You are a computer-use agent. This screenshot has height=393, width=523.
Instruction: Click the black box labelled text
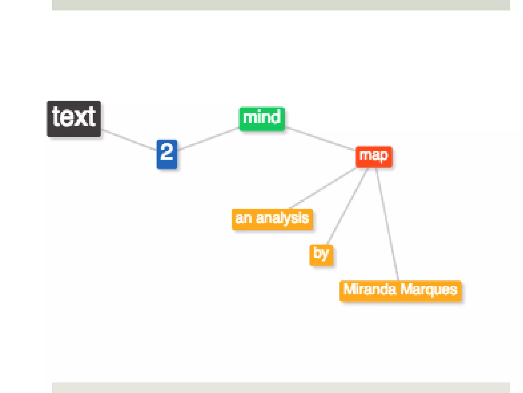[74, 119]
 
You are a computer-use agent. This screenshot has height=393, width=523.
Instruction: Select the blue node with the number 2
[167, 154]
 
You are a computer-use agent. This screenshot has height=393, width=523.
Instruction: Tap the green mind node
[262, 119]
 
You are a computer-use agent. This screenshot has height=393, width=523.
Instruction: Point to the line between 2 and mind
[208, 138]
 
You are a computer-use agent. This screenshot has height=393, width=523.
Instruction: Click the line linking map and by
[348, 206]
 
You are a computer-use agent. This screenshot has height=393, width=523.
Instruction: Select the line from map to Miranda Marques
[387, 224]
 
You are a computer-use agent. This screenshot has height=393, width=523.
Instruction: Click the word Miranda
[370, 289]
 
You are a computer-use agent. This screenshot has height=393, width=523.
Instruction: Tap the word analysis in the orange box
[282, 218]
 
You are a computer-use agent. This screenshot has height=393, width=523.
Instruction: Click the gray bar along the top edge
[281, 5]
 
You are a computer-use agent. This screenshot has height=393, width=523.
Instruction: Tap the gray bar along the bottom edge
[281, 388]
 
